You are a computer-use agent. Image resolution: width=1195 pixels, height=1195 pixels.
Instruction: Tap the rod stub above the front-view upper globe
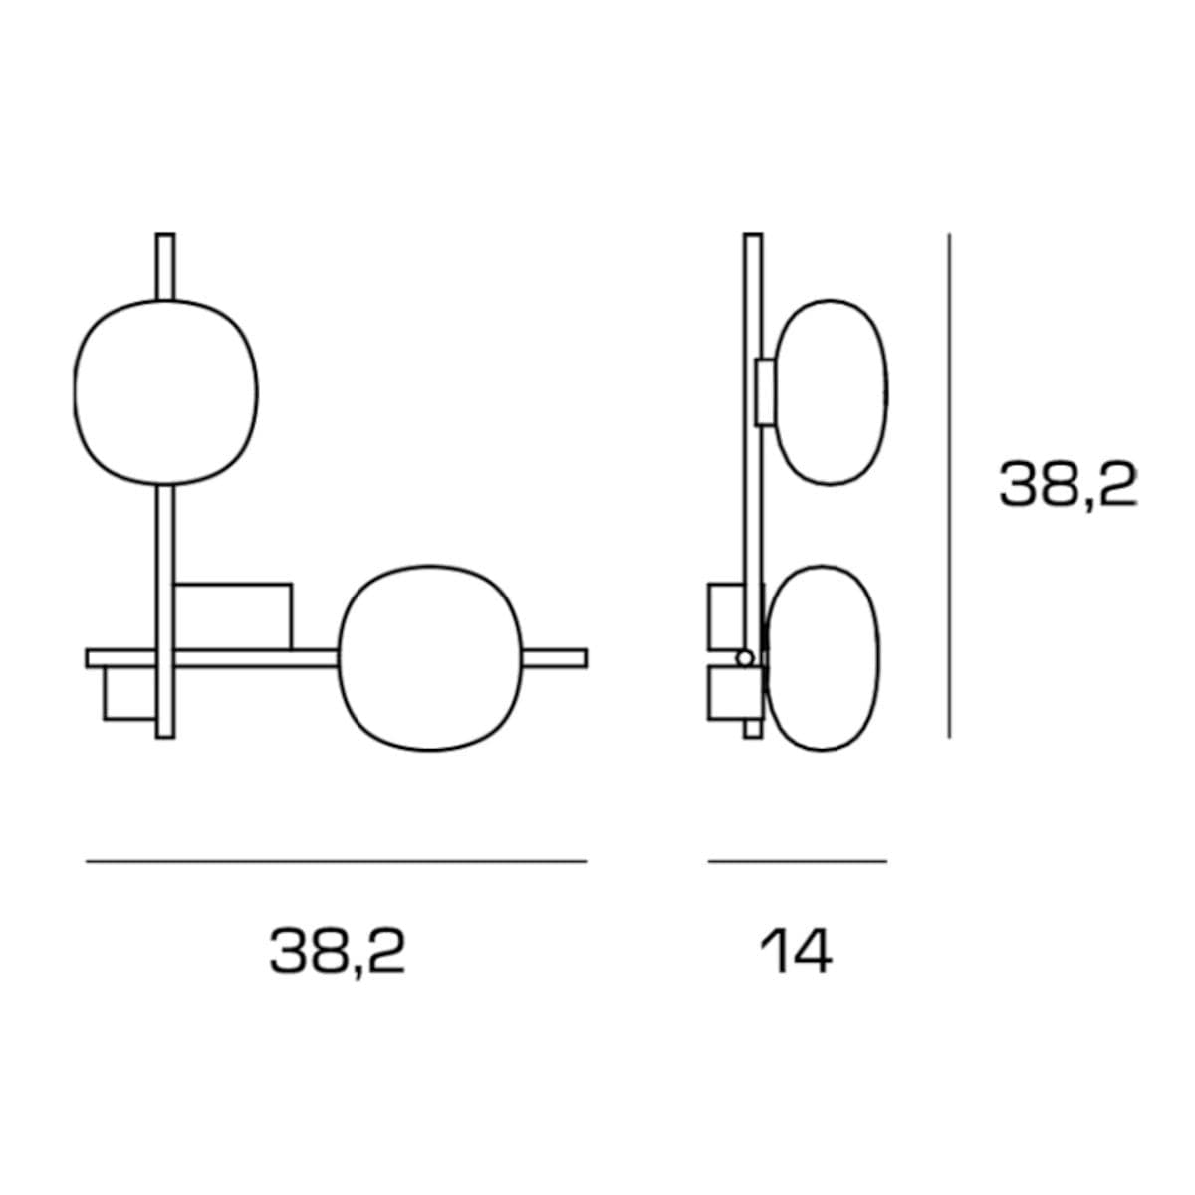pos(165,267)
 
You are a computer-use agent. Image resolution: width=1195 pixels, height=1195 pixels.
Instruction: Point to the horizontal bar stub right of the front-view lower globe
pos(555,658)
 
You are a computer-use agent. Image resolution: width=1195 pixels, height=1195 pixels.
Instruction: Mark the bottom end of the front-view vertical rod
pos(165,738)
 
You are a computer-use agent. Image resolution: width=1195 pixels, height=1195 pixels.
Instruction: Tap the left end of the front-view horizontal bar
pos(87,658)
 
